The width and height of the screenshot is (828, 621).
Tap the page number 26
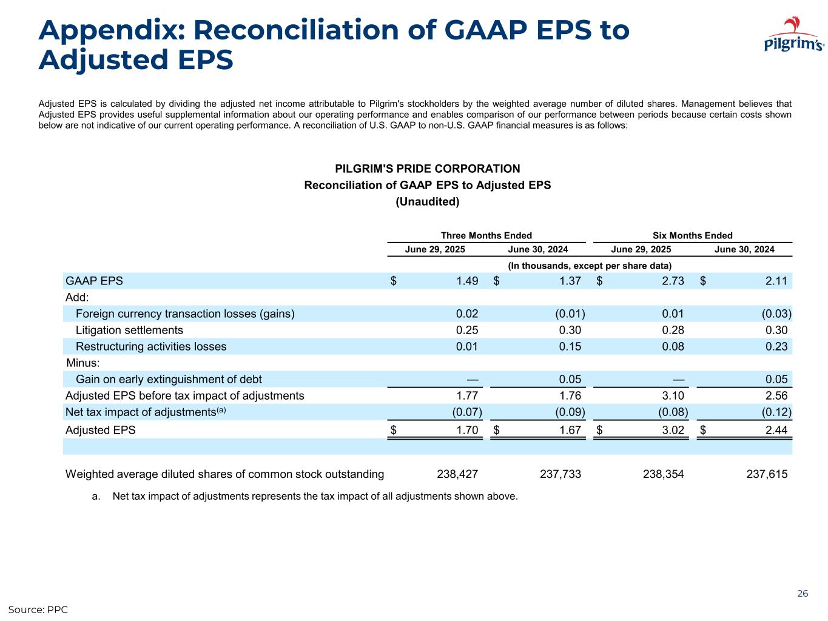point(802,594)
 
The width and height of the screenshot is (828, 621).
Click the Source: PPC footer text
point(38,609)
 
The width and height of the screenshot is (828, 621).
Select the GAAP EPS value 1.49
point(467,281)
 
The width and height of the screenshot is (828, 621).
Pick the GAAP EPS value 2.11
point(776,281)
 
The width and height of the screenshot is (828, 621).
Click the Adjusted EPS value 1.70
point(467,430)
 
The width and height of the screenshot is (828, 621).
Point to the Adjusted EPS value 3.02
point(673,430)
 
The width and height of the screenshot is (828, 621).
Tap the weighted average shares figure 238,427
point(457,474)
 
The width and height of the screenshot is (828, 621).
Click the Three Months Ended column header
point(486,235)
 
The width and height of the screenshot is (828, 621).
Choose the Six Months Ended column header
point(692,235)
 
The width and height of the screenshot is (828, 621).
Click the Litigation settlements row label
point(129,330)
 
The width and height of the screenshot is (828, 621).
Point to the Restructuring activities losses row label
point(151,346)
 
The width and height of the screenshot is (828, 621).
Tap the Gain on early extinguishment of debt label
point(169,379)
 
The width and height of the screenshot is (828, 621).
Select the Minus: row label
point(82,363)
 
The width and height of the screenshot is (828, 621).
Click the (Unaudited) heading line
point(427,201)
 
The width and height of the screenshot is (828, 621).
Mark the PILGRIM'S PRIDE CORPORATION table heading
point(427,169)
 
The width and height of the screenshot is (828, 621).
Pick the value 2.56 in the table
point(776,395)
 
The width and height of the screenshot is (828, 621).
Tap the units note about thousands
point(589,266)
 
